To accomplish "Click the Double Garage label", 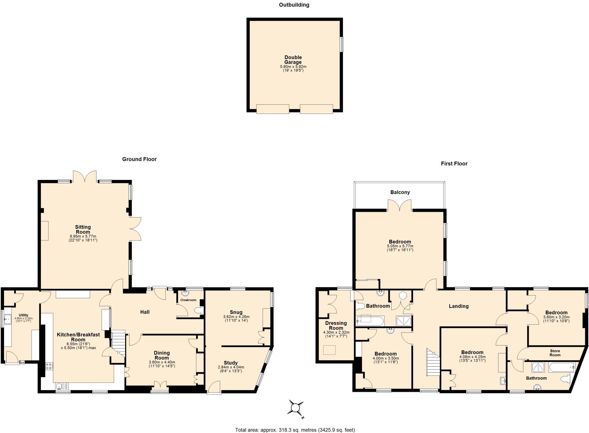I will [x=293, y=60].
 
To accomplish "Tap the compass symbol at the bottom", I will [x=296, y=408].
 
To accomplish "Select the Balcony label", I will [x=400, y=192].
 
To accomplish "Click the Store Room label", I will [x=555, y=353].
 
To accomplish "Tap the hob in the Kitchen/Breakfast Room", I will [x=49, y=366].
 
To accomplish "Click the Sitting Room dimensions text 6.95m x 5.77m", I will [x=83, y=236].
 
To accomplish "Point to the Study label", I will [x=231, y=363].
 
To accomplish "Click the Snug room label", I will [x=236, y=312].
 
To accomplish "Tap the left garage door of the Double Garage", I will [x=272, y=109].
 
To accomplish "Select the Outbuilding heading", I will [x=294, y=5].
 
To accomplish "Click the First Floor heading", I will [x=454, y=164].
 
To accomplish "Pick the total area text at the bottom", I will [x=295, y=430].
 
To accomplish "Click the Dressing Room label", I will [x=336, y=325].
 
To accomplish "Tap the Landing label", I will [x=458, y=306].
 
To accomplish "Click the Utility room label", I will [x=23, y=315].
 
